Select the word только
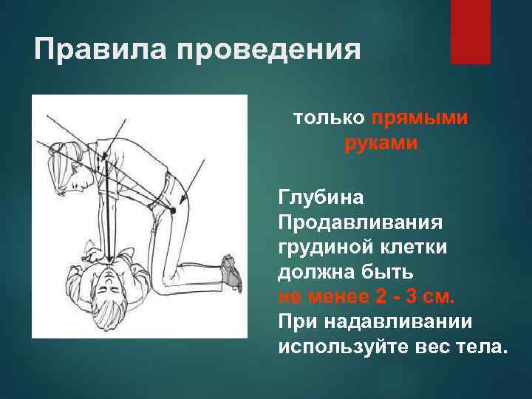coord(329,118)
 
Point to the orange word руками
coord(381,143)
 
